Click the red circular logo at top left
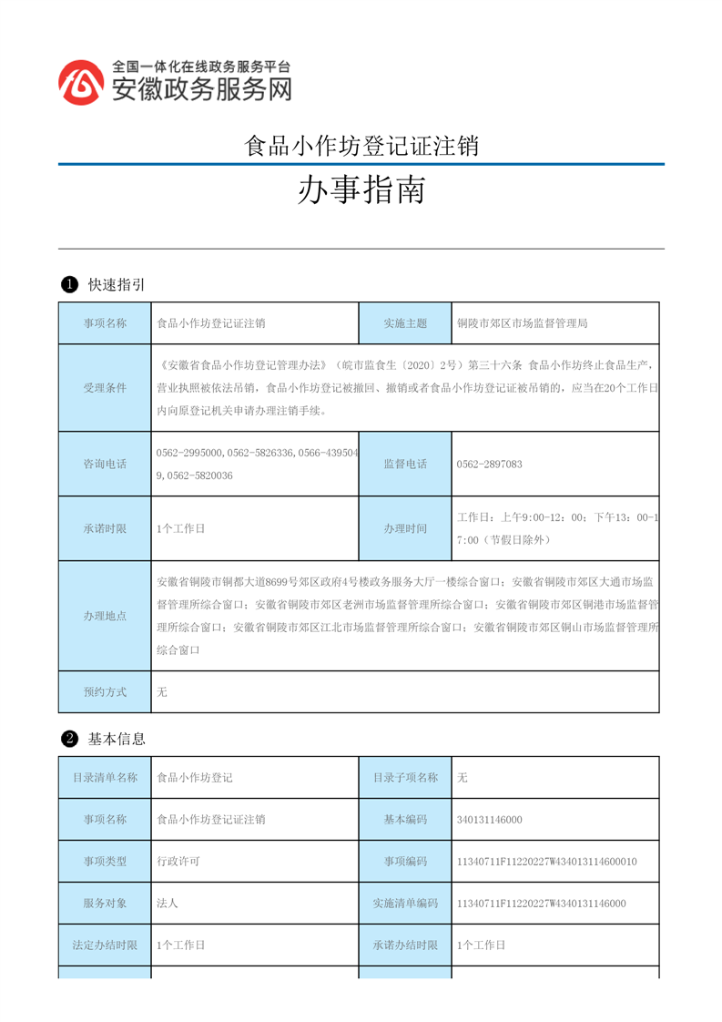[x=81, y=83]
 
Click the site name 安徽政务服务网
[x=201, y=89]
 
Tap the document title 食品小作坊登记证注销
[x=361, y=146]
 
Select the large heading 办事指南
[x=361, y=191]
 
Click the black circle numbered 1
[x=68, y=285]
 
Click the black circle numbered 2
[x=68, y=739]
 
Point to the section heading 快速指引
[x=117, y=285]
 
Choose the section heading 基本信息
[x=117, y=739]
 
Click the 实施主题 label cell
[x=405, y=323]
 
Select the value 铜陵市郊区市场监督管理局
[x=523, y=323]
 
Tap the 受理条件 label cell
[x=105, y=388]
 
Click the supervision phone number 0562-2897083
[x=490, y=465]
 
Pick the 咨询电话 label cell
[x=105, y=465]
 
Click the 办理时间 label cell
[x=405, y=528]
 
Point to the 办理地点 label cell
[x=105, y=616]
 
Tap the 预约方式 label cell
[x=105, y=692]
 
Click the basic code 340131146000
[x=490, y=820]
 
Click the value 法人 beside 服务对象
[x=167, y=904]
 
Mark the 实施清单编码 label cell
[x=405, y=904]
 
